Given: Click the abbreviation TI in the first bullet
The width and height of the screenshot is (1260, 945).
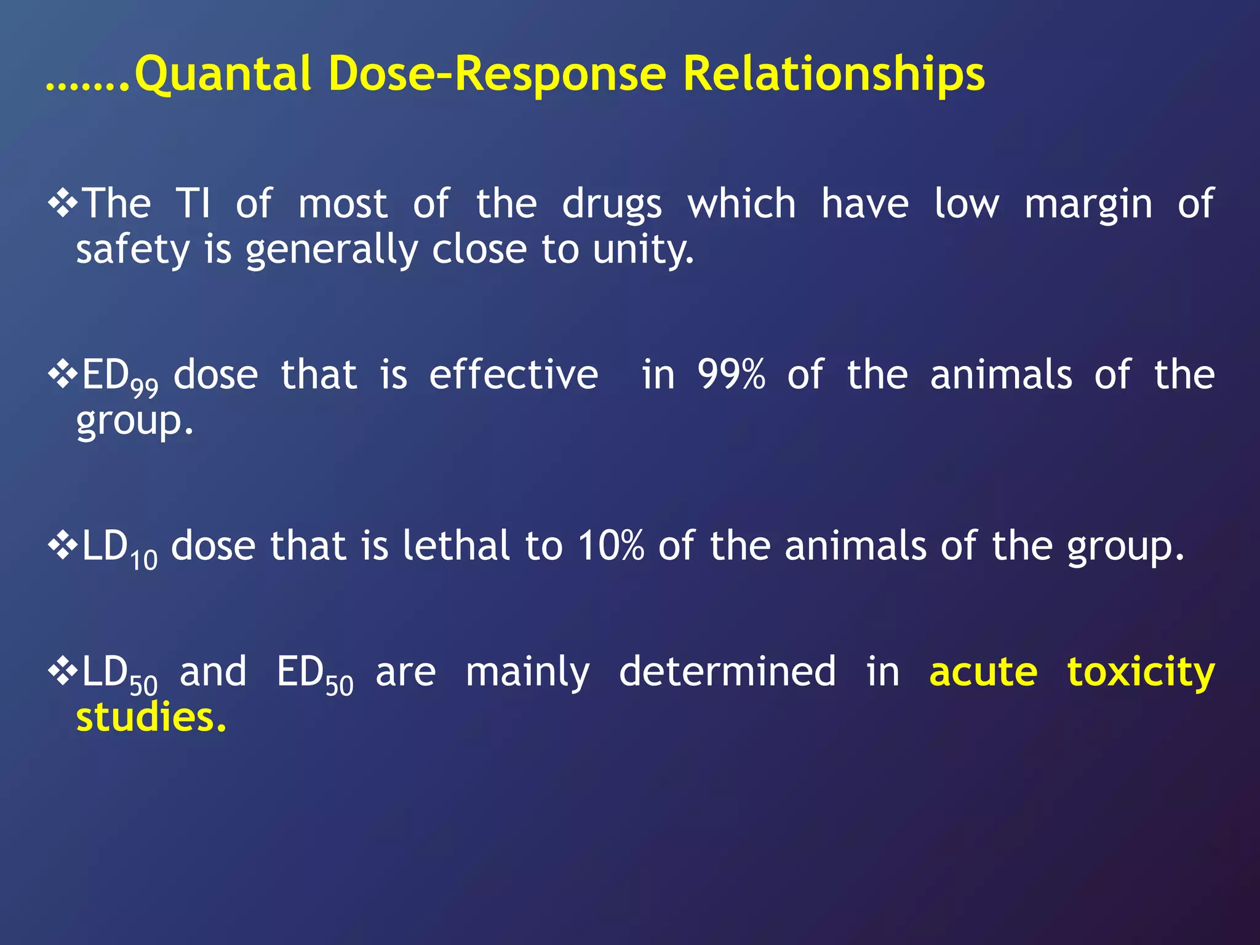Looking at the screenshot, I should pos(193,204).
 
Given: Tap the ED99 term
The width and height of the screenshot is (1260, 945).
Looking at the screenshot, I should pos(119,377).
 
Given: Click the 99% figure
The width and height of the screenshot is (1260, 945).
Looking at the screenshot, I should pos(731,374).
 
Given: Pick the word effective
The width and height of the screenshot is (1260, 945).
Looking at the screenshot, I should pos(513,374).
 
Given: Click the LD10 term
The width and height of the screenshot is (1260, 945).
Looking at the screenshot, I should pos(119,548).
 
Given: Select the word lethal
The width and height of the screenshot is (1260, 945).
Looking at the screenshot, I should pos(456,546).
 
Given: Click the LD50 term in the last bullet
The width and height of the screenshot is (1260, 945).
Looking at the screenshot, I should pos(119,674).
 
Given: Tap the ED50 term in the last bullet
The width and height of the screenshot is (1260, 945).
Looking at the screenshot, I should pos(314,674).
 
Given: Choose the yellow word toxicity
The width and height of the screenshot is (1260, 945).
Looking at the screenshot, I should pos(1141,672).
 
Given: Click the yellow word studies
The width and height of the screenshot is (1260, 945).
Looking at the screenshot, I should pos(151,718).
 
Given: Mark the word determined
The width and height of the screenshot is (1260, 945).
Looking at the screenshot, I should pos(727,671).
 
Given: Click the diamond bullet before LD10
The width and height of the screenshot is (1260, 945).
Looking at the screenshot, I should pos(62,545).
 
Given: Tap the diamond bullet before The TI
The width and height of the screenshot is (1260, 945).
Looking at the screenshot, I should pos(62,203).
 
